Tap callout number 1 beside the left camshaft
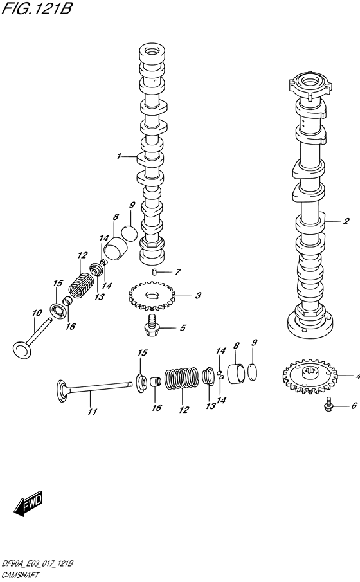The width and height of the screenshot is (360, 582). click(119, 156)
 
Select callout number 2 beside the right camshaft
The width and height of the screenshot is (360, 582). click(345, 222)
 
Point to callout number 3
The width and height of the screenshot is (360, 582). click(198, 296)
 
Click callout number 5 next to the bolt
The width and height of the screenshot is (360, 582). click(183, 328)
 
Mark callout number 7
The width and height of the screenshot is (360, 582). click(178, 272)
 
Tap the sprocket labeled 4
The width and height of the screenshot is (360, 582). click(310, 374)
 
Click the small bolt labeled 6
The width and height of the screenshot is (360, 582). click(328, 405)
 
